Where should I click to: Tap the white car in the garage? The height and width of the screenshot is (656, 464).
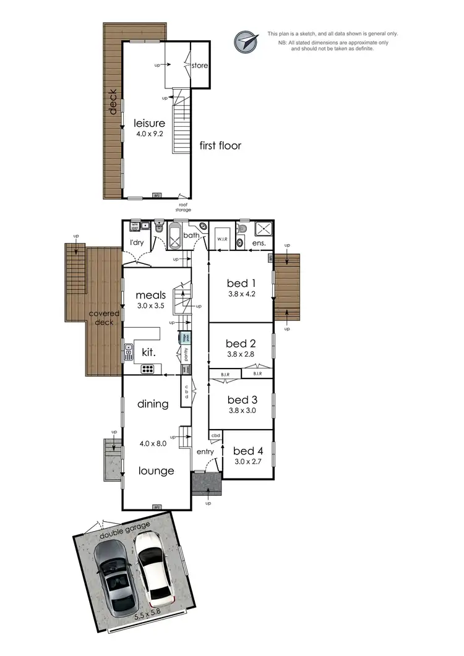(153, 569)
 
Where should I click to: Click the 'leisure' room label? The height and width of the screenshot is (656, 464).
(150, 123)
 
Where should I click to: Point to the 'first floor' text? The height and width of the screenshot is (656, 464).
(220, 146)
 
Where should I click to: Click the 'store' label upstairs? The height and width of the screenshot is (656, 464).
(199, 66)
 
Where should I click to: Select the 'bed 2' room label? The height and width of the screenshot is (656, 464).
(241, 343)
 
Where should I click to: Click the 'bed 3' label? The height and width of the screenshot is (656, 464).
(241, 399)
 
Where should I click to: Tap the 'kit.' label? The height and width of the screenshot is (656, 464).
(148, 352)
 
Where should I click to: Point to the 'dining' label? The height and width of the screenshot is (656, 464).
(153, 404)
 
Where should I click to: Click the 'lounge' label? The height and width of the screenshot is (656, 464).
(156, 471)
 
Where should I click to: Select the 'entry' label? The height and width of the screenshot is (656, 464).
(205, 452)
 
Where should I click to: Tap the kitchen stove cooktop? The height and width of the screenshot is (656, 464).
(148, 369)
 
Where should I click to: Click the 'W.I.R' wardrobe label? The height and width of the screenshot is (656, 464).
(223, 237)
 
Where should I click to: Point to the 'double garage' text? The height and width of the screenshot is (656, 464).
(125, 530)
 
